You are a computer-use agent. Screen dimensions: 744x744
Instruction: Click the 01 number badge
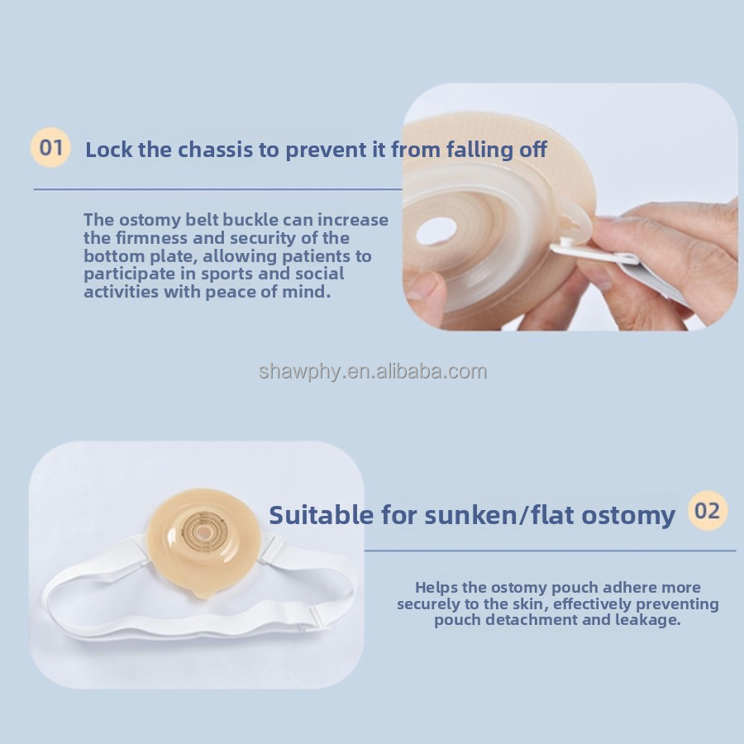tap(50, 147)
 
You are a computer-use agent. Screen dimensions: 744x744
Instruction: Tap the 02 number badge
tap(708, 511)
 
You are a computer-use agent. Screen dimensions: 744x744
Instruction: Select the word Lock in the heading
tap(109, 150)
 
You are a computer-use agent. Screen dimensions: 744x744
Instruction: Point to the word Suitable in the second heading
tap(322, 515)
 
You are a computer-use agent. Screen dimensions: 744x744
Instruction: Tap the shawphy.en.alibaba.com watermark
tap(373, 371)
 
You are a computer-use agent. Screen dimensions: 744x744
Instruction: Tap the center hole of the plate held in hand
tap(436, 231)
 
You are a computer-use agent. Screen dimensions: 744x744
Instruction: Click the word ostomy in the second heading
tap(628, 516)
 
